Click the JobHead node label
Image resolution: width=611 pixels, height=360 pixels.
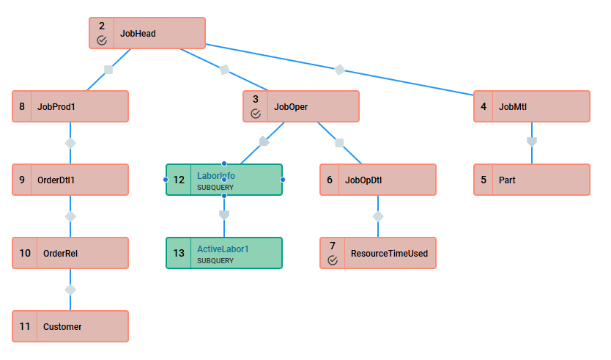138,34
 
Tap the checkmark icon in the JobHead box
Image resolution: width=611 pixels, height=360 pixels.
102,40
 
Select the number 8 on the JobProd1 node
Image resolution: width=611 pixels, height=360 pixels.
22,106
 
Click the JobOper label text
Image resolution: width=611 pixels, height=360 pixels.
291,107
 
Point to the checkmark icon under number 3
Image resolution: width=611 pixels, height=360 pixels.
256,114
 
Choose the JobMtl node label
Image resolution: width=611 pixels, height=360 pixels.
513,107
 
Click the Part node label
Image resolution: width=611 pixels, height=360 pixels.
507,180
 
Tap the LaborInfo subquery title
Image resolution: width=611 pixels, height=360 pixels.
216,176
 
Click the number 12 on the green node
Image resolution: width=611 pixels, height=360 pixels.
179,180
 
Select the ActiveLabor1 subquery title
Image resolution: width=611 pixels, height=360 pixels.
223,249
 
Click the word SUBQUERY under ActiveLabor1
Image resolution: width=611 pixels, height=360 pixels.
215,261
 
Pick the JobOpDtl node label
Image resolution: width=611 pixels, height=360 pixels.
363,180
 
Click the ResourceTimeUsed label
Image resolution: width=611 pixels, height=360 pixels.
389,254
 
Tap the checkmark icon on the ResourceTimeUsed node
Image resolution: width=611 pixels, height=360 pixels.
333,260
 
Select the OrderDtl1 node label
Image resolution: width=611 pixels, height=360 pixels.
56,180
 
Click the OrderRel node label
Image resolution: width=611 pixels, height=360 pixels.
60,254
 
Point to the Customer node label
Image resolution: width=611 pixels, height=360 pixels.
62,327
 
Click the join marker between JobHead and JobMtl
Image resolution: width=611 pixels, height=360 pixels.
339,70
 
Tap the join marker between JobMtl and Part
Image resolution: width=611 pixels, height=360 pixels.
532,142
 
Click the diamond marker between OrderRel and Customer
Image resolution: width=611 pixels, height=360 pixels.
70,290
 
